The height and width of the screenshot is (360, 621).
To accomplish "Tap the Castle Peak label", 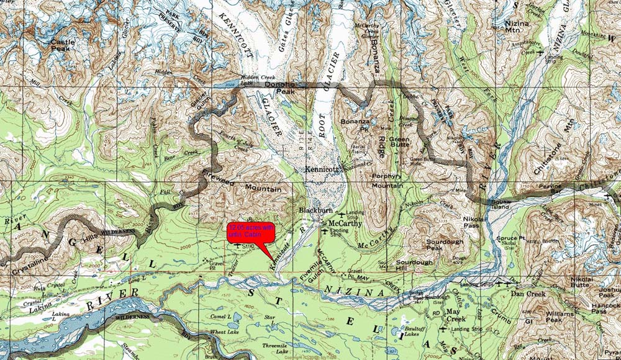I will pos(63,45).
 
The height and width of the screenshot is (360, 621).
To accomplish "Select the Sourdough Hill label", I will pos(414,266).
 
